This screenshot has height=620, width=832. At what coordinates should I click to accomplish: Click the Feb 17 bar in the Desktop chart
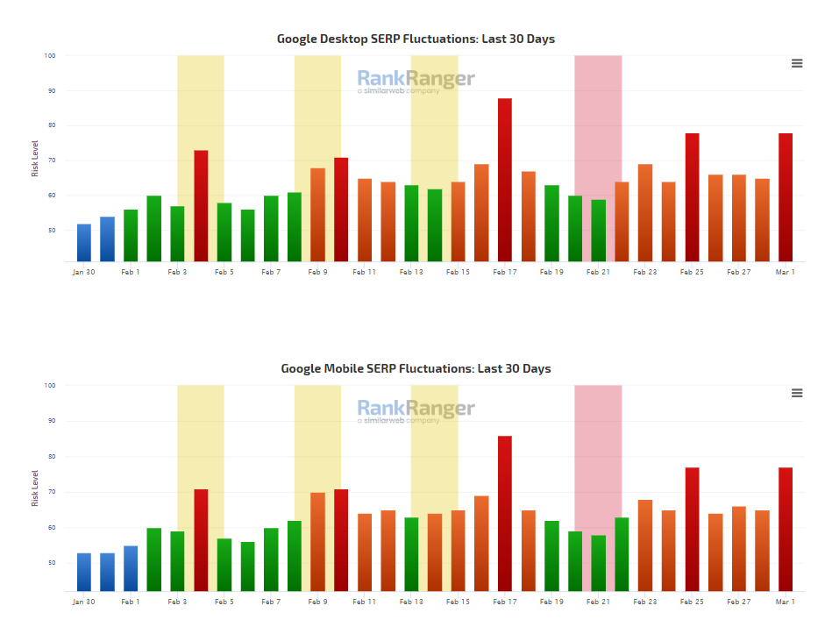[505, 180]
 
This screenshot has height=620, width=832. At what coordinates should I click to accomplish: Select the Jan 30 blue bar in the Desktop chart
[84, 243]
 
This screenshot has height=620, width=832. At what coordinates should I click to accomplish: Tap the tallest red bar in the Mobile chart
[505, 513]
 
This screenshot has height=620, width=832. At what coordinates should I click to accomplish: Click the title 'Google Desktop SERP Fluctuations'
[416, 39]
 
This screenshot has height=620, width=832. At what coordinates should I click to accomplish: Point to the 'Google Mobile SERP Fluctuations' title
[416, 368]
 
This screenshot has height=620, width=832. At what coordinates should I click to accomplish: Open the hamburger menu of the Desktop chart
[797, 63]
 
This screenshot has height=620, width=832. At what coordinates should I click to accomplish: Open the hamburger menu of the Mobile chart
[797, 393]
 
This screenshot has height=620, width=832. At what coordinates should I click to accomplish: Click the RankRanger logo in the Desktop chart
[416, 81]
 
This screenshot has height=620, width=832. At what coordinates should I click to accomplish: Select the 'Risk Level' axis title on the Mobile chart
[35, 488]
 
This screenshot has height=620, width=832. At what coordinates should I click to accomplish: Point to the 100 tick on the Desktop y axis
[50, 55]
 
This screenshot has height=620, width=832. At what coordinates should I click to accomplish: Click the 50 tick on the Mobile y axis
[50, 563]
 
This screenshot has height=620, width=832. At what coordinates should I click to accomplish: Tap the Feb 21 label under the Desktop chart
[598, 273]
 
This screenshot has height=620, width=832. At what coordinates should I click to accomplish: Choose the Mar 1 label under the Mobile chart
[786, 602]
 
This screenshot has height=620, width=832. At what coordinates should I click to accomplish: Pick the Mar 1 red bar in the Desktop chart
[786, 197]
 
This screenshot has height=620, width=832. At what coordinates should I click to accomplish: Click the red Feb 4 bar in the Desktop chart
[201, 206]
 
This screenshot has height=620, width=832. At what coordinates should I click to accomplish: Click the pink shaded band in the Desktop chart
[598, 114]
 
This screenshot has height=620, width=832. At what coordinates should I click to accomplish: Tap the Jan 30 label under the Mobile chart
[83, 602]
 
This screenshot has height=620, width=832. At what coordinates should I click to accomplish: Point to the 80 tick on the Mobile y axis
[50, 456]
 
